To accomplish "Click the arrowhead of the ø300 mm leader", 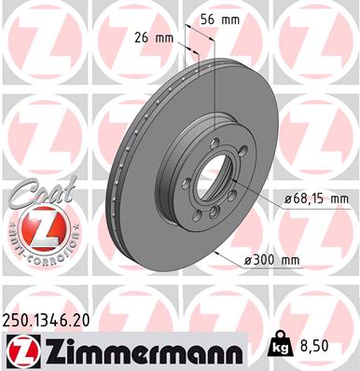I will (218, 253).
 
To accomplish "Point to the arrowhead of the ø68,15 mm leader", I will (255, 197).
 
